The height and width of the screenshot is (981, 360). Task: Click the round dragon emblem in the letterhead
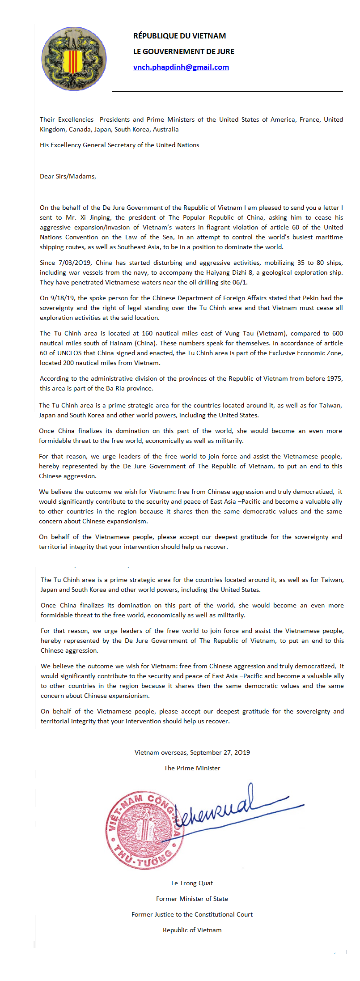click(x=74, y=59)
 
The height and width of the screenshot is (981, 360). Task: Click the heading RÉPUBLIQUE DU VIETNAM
click(x=179, y=36)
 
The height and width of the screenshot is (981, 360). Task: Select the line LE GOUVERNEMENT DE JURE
click(x=183, y=51)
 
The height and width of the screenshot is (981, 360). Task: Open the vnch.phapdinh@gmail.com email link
click(x=181, y=68)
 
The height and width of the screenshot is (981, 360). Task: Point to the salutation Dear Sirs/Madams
click(x=68, y=176)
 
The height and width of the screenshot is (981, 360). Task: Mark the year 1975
click(x=334, y=378)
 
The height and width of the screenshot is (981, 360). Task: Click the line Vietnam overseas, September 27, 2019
click(x=192, y=752)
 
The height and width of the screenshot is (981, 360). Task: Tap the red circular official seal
click(x=144, y=831)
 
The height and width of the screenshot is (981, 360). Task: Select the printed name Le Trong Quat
click(x=192, y=883)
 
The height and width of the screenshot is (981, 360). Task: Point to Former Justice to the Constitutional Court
click(x=192, y=914)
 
